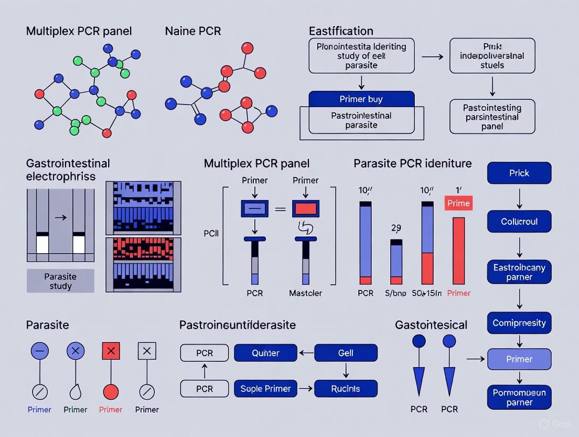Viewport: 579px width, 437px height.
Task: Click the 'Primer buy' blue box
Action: coord(361,99)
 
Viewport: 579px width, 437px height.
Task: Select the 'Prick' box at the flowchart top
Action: coord(519,173)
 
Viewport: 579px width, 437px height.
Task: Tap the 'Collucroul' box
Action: coord(519,222)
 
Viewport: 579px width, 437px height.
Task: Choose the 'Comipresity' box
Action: coord(519,323)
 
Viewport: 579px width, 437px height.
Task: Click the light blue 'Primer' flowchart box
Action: coord(519,359)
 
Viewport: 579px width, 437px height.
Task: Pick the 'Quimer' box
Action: coord(265,353)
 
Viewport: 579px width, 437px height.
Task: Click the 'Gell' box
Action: coord(346,353)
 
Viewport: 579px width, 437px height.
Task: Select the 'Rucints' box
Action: coord(346,389)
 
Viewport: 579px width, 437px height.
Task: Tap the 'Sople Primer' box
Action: coord(265,389)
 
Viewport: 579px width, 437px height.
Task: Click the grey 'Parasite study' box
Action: coord(60,281)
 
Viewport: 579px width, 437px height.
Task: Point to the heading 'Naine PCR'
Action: coord(193,31)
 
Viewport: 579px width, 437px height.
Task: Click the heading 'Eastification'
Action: coord(341,31)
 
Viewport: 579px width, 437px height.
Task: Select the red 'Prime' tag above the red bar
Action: coord(458,203)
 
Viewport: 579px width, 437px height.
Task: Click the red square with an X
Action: coord(111,351)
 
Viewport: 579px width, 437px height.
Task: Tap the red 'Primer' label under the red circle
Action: coord(111,410)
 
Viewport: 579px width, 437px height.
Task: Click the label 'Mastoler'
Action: coord(306,293)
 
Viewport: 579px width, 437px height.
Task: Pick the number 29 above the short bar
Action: coord(396,228)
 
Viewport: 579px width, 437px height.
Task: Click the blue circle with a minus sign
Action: coord(40,351)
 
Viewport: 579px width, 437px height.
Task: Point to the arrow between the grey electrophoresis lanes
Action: coord(60,216)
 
